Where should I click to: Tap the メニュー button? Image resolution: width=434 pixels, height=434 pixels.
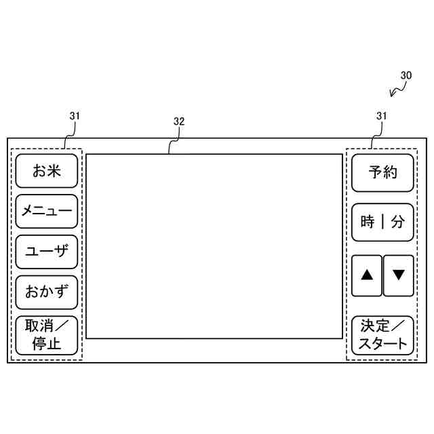pos(46,211)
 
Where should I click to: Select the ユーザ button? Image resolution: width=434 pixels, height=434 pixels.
pos(46,252)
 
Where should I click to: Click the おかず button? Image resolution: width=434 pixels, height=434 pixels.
pos(46,292)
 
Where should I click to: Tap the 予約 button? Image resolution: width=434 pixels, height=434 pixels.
pos(382,172)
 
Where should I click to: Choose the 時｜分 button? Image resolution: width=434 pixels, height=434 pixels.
pos(382,222)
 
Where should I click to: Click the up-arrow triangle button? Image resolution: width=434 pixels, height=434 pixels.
pos(367,275)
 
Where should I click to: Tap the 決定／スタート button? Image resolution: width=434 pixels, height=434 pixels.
pos(382,335)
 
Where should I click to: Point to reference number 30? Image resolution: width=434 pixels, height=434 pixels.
pos(406,76)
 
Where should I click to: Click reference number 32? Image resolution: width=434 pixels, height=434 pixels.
pos(179,121)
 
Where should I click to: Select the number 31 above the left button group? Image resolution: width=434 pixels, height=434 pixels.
pos(75,116)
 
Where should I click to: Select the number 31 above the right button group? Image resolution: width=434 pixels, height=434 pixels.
pos(382,116)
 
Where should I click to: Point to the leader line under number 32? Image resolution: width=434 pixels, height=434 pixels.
pos(174,140)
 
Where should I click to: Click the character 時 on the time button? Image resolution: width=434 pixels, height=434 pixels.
pos(368,222)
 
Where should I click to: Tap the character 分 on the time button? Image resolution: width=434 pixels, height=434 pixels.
pos(398,222)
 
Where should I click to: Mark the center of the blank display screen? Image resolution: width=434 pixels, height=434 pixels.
pos(214,245)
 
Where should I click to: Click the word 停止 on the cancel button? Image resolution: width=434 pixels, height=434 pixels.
pos(46,343)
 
